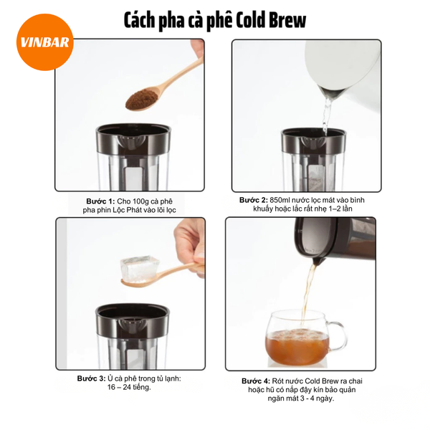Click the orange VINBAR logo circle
(x=45, y=42)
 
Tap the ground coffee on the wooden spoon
(x=141, y=100)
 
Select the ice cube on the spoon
(x=139, y=269)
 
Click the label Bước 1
(x=100, y=201)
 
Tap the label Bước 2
(x=254, y=200)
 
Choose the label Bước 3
(x=91, y=378)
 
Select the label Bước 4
(x=256, y=381)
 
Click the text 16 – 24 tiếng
(x=129, y=388)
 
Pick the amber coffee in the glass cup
(x=297, y=347)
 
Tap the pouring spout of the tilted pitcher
(x=317, y=261)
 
